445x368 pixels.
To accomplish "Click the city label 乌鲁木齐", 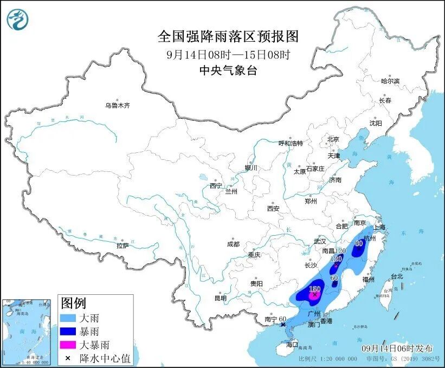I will click(117, 105).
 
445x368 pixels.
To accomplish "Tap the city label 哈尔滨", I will click(390, 81).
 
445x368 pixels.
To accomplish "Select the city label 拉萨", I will click(122, 246).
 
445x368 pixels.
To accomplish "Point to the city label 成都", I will click(233, 244).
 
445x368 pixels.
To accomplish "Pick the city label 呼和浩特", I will click(291, 143).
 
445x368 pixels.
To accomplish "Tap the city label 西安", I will click(273, 208).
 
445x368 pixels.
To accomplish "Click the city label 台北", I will click(396, 276).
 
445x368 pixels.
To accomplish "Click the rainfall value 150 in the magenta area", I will click(314, 289).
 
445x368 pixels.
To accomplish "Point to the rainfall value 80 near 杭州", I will click(358, 243).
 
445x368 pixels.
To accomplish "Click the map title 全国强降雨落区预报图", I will click(228, 36).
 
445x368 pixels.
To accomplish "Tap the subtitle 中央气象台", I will click(228, 70).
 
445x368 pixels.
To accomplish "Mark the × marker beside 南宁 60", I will click(283, 324).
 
